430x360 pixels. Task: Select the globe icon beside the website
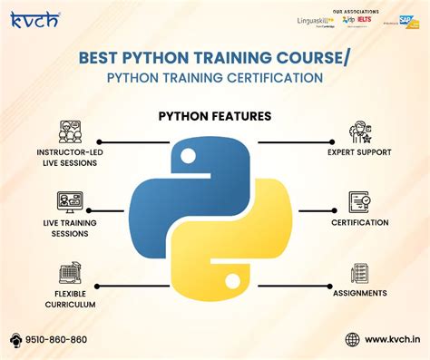click(352, 339)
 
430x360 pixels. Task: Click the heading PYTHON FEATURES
click(214, 115)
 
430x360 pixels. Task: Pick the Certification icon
click(358, 201)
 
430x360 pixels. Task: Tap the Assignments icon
click(358, 272)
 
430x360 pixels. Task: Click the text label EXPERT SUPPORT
click(358, 152)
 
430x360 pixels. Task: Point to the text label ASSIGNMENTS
click(358, 293)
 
